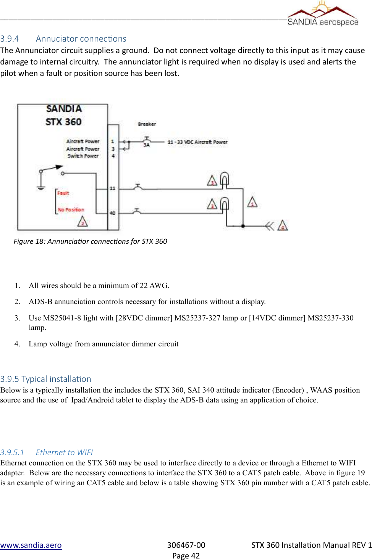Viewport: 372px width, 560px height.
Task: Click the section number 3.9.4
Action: (10, 39)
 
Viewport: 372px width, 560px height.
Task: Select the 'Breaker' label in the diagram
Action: (147, 124)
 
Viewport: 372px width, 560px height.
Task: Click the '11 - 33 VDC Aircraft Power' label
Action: (197, 142)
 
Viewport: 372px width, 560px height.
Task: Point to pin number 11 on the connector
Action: (112, 188)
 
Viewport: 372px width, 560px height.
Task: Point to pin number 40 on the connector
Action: (112, 213)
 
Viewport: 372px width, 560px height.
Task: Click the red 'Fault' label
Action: (63, 193)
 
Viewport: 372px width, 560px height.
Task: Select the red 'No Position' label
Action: (71, 210)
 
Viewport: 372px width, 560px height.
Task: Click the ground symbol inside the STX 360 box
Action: (41, 187)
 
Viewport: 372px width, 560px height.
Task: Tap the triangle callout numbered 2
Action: (82, 222)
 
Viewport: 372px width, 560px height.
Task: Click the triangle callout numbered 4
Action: (283, 225)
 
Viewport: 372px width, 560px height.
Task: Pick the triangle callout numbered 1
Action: (252, 202)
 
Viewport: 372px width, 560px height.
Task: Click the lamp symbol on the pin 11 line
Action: (225, 179)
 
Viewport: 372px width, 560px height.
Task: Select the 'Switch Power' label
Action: (83, 156)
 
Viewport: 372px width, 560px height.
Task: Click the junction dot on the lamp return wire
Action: (243, 226)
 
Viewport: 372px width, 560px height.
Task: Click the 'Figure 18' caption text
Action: (90, 241)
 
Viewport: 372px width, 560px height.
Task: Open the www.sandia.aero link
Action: (31, 545)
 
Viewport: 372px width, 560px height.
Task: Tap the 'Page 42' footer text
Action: (186, 556)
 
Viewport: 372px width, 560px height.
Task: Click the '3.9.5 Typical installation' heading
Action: (46, 379)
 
